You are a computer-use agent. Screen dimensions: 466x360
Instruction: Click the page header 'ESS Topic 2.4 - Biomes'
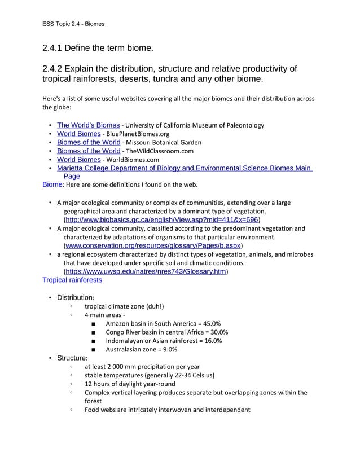[x=73, y=24]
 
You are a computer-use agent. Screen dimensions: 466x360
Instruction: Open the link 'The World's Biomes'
[x=88, y=125]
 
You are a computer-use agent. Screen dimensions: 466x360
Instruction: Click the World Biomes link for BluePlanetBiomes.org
[x=78, y=134]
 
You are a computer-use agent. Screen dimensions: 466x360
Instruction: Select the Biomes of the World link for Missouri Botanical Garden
[x=88, y=142]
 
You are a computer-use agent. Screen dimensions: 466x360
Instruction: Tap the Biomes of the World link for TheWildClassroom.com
[x=88, y=151]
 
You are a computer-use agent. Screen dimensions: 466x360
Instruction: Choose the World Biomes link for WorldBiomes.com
[x=78, y=160]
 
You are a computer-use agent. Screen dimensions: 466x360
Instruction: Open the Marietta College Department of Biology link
[x=185, y=168]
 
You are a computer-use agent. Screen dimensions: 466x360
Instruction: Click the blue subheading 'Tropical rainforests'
[x=72, y=280]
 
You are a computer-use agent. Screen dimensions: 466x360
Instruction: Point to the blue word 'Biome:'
[x=54, y=184]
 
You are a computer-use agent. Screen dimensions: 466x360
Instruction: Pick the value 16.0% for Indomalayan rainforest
[x=210, y=341]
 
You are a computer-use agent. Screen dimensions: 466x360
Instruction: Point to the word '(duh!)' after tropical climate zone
[x=153, y=306]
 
